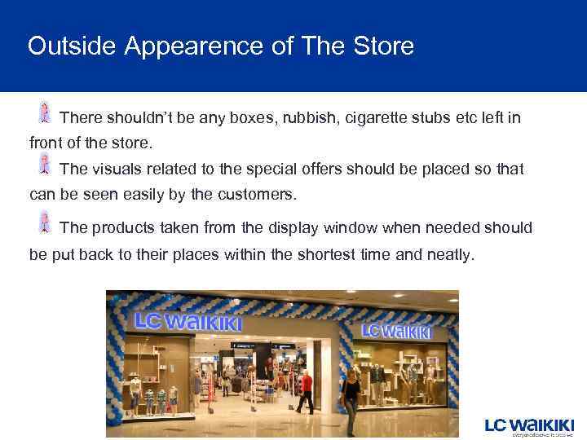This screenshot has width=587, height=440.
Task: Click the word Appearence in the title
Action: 196,46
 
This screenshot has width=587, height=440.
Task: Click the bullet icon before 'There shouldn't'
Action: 45,113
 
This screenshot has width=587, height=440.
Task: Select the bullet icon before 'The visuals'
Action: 45,165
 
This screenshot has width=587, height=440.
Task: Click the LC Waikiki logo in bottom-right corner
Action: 529,426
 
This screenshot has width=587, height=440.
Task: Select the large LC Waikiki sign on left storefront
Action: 188,321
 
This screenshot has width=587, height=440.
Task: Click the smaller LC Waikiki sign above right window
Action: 396,331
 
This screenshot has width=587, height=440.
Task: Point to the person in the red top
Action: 306,390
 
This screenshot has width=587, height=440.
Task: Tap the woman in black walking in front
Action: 351,400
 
